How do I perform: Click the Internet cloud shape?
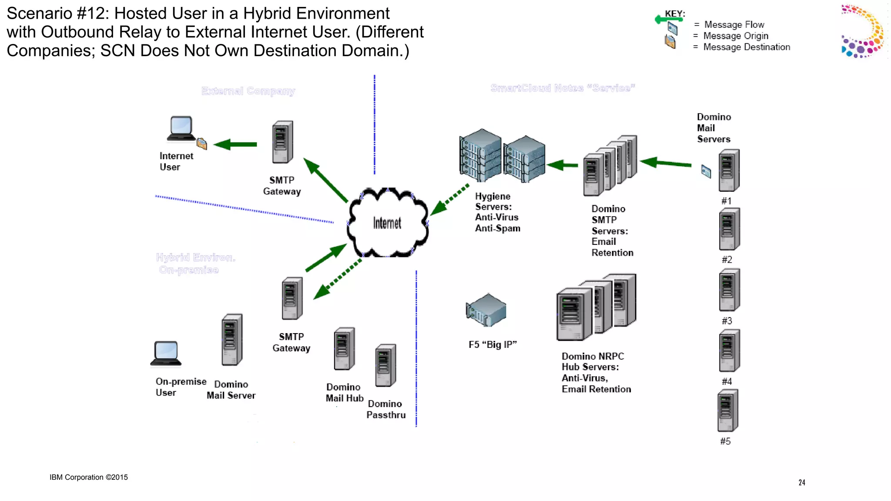pyautogui.click(x=387, y=223)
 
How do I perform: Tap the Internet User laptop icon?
pyautogui.click(x=181, y=129)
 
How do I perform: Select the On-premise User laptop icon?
pyautogui.click(x=166, y=353)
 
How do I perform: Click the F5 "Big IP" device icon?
pyautogui.click(x=486, y=310)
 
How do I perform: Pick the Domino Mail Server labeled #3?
pyautogui.click(x=729, y=290)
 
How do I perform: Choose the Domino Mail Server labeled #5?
pyautogui.click(x=728, y=411)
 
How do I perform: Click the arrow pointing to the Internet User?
pyautogui.click(x=235, y=144)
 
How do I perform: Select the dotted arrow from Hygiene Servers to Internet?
pyautogui.click(x=450, y=199)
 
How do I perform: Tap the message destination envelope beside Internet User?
pyautogui.click(x=202, y=144)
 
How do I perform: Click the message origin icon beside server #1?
pyautogui.click(x=706, y=171)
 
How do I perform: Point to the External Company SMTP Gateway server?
pyautogui.click(x=282, y=142)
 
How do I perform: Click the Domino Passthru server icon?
pyautogui.click(x=385, y=365)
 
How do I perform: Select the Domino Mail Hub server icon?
pyautogui.click(x=344, y=349)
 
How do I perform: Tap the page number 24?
pyautogui.click(x=801, y=482)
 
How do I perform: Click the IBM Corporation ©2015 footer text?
pyautogui.click(x=89, y=477)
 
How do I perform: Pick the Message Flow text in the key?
pyautogui.click(x=734, y=25)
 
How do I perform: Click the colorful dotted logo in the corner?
pyautogui.click(x=862, y=31)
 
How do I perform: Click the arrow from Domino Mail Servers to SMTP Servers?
pyautogui.click(x=666, y=163)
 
